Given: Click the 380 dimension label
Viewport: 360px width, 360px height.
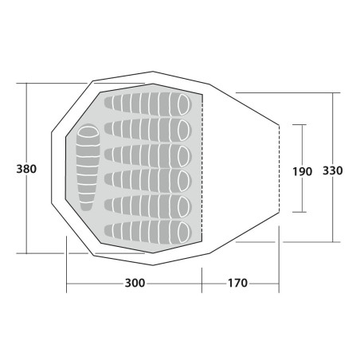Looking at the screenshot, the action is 26,169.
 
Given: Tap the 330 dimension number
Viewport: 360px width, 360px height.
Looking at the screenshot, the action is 333,170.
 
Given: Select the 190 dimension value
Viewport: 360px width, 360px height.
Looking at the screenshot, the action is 303,172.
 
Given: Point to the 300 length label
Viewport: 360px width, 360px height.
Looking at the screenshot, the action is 135,283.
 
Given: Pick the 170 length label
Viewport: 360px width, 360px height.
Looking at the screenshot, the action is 237,283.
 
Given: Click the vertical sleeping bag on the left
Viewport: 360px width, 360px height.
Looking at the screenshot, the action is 88,168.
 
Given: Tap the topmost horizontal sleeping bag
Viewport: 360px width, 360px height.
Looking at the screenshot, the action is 148,104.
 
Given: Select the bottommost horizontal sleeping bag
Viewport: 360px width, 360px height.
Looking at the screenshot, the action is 148,232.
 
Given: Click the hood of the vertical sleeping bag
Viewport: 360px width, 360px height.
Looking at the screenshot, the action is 88,131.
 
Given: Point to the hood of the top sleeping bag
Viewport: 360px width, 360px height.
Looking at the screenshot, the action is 184,104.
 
